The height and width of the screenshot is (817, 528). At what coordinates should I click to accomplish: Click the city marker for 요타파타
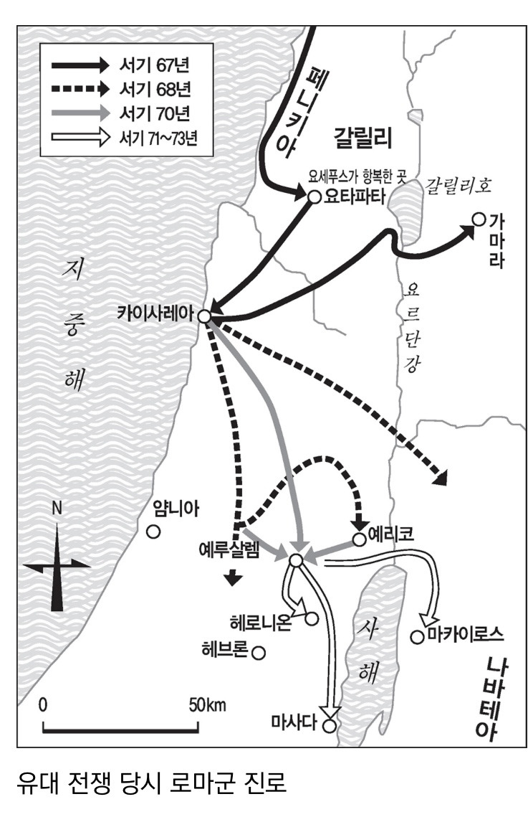click(x=314, y=197)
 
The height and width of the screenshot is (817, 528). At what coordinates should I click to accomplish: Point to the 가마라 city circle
click(x=479, y=219)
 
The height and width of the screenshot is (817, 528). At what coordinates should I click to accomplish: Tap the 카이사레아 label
click(x=157, y=313)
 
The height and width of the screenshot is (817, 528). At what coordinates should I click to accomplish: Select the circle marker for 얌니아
click(x=152, y=532)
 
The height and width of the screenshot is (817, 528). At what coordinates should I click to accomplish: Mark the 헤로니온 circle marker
click(x=312, y=618)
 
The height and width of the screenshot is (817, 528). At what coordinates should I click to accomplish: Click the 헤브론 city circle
click(x=259, y=653)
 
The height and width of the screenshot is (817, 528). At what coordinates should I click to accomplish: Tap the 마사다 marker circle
click(x=329, y=725)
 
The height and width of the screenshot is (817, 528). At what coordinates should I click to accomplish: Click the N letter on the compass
click(x=57, y=509)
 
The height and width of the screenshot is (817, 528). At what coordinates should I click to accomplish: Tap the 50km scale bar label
click(x=208, y=704)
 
